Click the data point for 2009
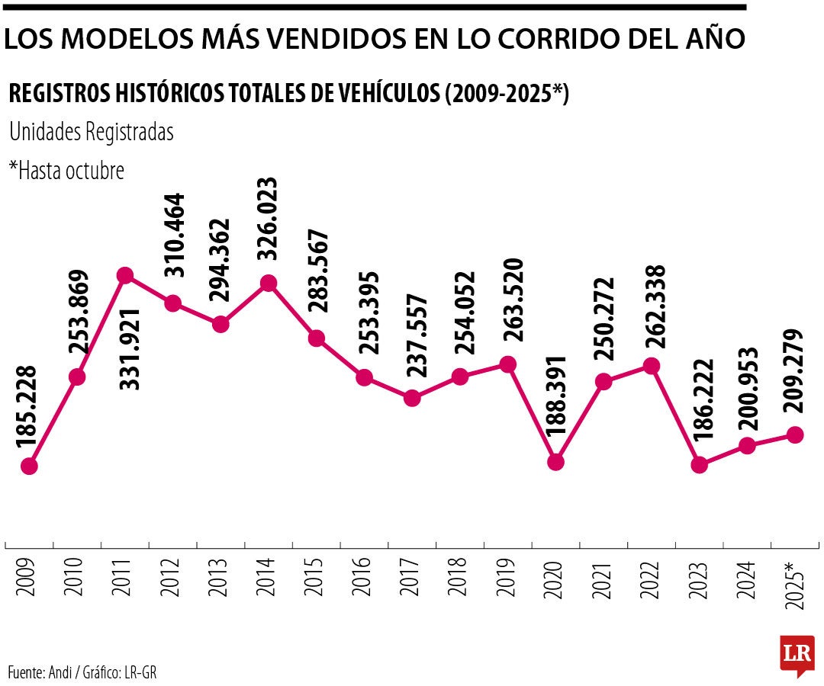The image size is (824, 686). pos(30,466)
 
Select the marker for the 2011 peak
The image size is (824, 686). pos(126,275)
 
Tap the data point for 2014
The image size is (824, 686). pos(269,284)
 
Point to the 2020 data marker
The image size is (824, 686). pos(556,462)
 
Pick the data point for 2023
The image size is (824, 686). pos(700,464)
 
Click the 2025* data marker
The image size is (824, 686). pos(795,434)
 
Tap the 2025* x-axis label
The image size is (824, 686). pos(793,583)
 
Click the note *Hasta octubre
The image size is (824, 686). pos(66,170)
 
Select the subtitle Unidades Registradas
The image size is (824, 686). pos(92,132)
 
